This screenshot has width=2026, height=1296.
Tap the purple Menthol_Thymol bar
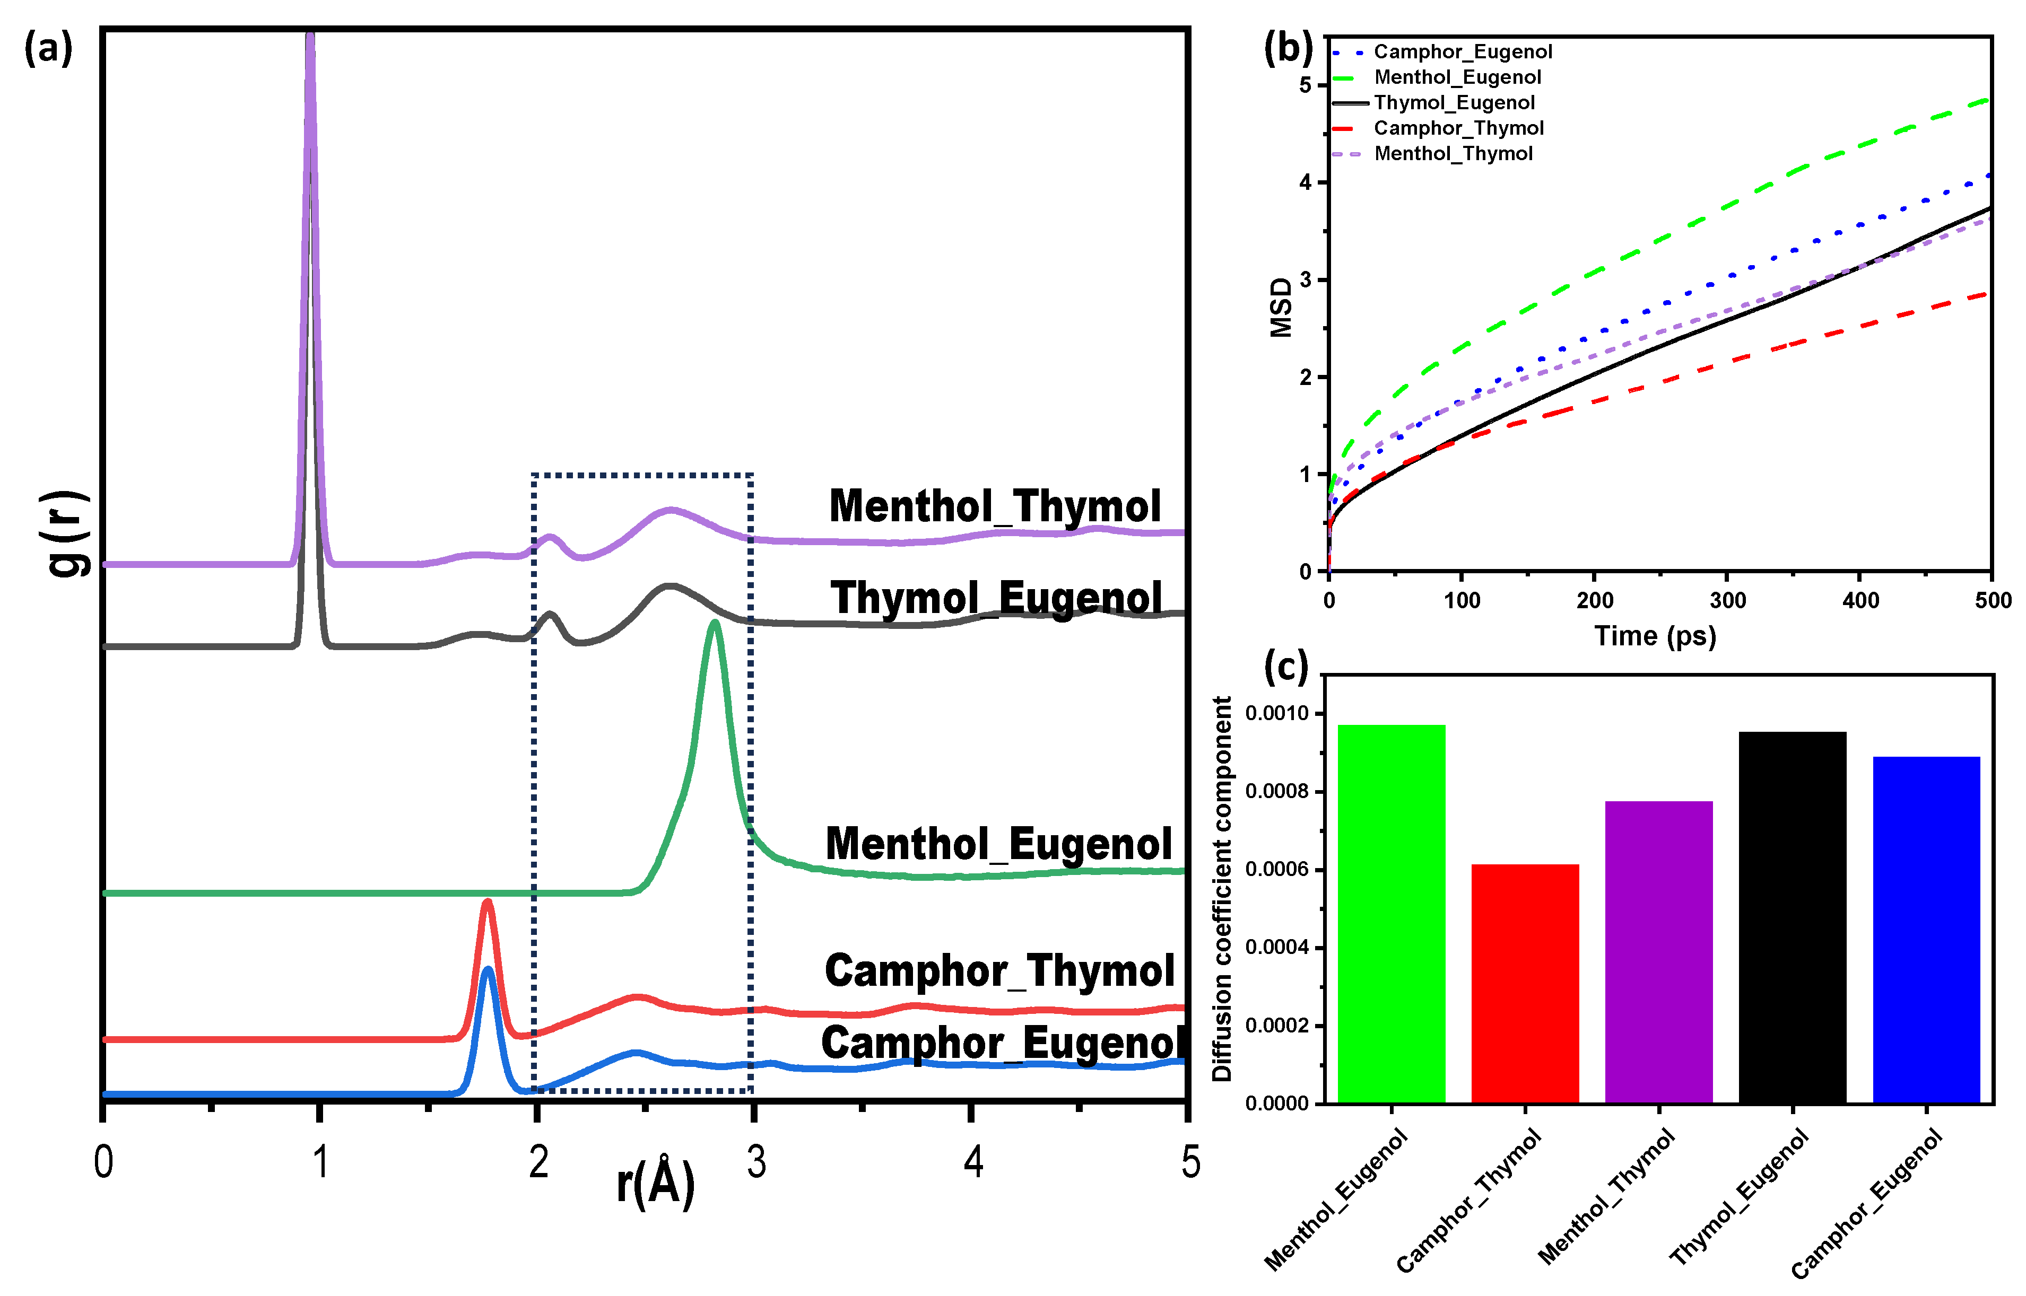(x=1658, y=951)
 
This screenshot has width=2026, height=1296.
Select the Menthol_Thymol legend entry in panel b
(x=1453, y=154)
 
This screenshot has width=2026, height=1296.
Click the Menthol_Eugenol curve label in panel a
(x=998, y=844)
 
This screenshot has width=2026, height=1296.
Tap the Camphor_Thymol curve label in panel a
(x=999, y=970)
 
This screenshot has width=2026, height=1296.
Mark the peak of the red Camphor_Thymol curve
(x=486, y=902)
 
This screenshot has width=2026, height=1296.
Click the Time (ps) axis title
(x=1655, y=635)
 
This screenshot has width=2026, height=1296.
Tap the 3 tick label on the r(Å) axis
(x=756, y=1162)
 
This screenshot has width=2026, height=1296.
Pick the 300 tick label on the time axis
(x=1727, y=600)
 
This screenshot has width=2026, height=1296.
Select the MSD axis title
(x=1280, y=307)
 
